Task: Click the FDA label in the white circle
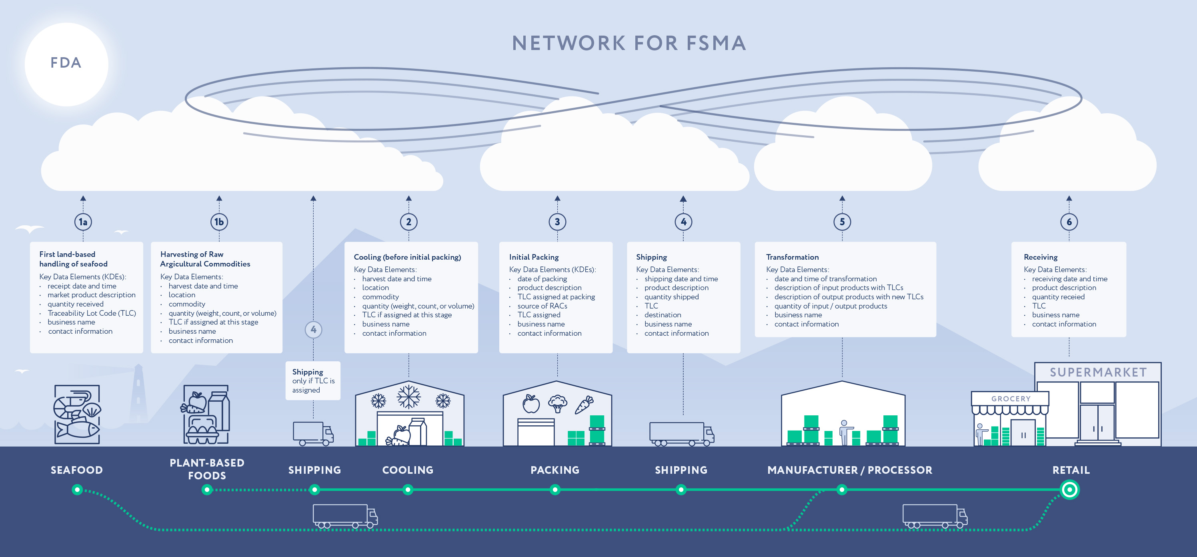point(66,63)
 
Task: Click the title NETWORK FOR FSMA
point(629,43)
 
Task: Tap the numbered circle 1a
point(83,222)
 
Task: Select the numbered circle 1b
point(219,222)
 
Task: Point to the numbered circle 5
point(842,222)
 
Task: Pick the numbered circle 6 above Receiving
point(1069,222)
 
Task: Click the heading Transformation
point(792,257)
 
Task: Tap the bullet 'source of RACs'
point(542,306)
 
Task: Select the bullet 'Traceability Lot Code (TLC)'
point(92,313)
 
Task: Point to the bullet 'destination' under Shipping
point(662,315)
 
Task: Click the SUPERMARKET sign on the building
point(1098,373)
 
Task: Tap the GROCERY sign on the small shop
point(1011,399)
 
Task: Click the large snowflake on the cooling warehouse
point(408,397)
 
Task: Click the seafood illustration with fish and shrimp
point(77,414)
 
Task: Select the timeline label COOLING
point(408,470)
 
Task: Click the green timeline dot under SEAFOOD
point(77,490)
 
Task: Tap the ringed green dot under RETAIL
point(1070,490)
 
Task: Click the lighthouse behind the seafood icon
point(138,393)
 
